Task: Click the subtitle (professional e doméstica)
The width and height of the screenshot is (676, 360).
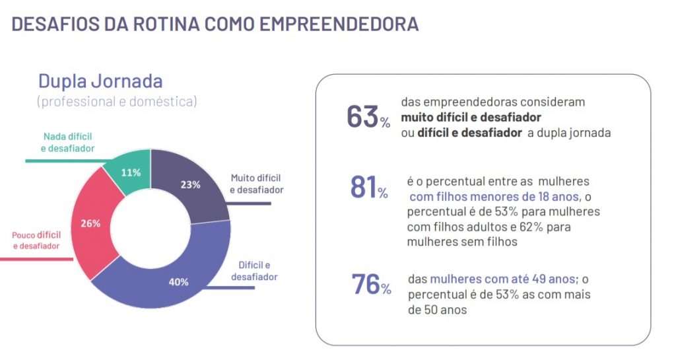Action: pyautogui.click(x=116, y=102)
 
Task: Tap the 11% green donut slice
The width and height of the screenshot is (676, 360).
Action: pyautogui.click(x=131, y=172)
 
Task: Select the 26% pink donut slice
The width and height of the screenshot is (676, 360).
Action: pyautogui.click(x=92, y=223)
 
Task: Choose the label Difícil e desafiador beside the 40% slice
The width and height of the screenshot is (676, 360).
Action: pyautogui.click(x=254, y=271)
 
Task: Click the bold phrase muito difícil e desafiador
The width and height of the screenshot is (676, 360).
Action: pyautogui.click(x=471, y=117)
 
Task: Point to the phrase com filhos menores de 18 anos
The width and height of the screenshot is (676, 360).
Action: pyautogui.click(x=494, y=197)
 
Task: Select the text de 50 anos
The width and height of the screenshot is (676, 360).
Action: pyautogui.click(x=438, y=309)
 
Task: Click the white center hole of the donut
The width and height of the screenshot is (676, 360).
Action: pyautogui.click(x=151, y=228)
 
